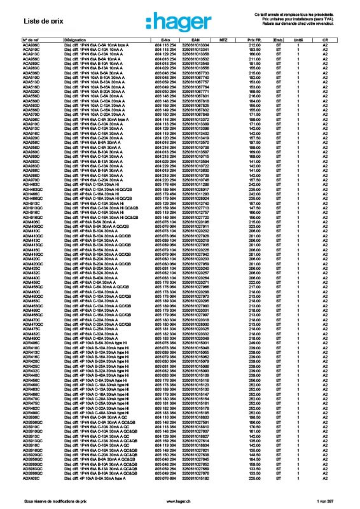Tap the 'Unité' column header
click(x=298, y=40)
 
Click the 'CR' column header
click(x=325, y=40)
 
